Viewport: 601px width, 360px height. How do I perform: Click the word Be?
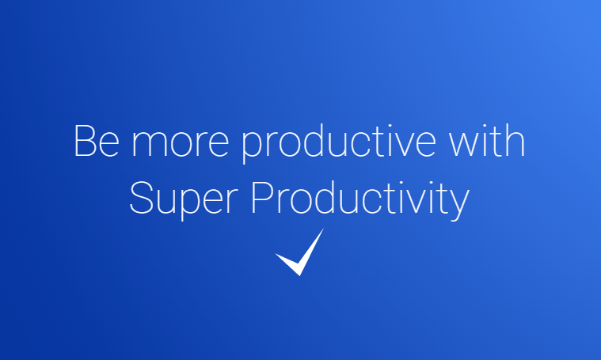[x=97, y=141]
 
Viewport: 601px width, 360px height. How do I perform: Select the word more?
[x=181, y=144]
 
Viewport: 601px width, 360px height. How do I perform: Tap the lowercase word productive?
[x=339, y=144]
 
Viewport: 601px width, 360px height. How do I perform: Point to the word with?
[x=487, y=140]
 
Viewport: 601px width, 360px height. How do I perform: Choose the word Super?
[x=184, y=200]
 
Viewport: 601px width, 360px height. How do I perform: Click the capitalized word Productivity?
[x=360, y=200]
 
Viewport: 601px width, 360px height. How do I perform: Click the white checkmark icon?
[x=300, y=252]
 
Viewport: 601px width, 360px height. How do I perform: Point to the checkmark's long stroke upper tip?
[x=324, y=229]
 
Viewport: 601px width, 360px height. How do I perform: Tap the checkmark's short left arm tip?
[x=276, y=255]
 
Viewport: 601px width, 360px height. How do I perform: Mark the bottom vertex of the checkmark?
[x=300, y=275]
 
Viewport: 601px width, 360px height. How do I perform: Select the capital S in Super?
[x=141, y=197]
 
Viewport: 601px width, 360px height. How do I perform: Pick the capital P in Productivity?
[x=261, y=197]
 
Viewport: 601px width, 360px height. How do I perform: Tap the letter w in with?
[x=465, y=144]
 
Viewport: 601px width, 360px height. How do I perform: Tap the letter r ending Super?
[x=233, y=201]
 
